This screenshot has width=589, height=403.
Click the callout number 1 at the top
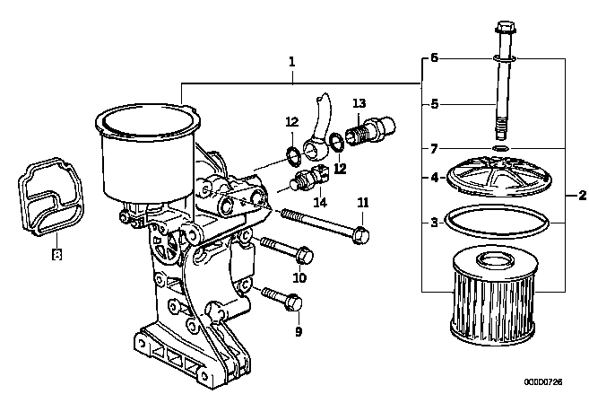[x=292, y=62]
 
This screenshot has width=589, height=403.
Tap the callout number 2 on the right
[x=582, y=196]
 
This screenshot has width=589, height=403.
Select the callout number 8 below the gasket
[x=56, y=255]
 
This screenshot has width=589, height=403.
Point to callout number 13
[x=359, y=103]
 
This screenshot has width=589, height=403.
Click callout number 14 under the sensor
[x=320, y=203]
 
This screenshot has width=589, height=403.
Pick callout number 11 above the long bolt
[x=362, y=203]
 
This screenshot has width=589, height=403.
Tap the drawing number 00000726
[x=543, y=382]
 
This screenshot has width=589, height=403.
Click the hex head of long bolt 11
[x=361, y=235]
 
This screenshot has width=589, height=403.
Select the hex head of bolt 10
[x=304, y=256]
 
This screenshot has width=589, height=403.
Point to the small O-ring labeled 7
[x=500, y=148]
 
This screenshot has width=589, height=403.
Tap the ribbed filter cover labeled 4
[x=498, y=176]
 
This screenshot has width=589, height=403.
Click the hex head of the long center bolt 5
[x=506, y=27]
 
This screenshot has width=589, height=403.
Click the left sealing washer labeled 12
[x=292, y=157]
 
